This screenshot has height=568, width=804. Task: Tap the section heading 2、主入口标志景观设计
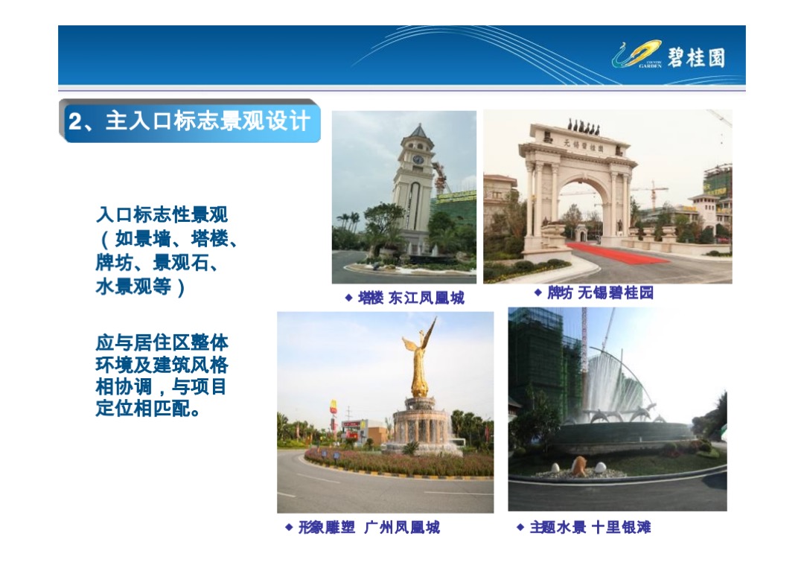coord(189,121)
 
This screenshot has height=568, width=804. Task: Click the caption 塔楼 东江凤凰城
coord(411,299)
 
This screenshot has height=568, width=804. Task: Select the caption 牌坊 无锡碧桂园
coord(600,293)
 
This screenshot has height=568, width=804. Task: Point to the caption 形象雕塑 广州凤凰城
coord(368,528)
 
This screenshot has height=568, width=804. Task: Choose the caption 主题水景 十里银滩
coord(590,528)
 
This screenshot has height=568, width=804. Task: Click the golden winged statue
coord(419,357)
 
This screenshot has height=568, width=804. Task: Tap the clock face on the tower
coord(418,160)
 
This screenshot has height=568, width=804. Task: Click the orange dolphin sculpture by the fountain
coord(579,466)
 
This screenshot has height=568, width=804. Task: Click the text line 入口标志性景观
coord(162,215)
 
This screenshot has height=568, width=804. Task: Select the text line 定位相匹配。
coord(148,409)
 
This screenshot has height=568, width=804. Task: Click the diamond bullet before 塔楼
coord(348,298)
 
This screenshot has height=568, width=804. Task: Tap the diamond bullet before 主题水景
coord(520,527)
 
